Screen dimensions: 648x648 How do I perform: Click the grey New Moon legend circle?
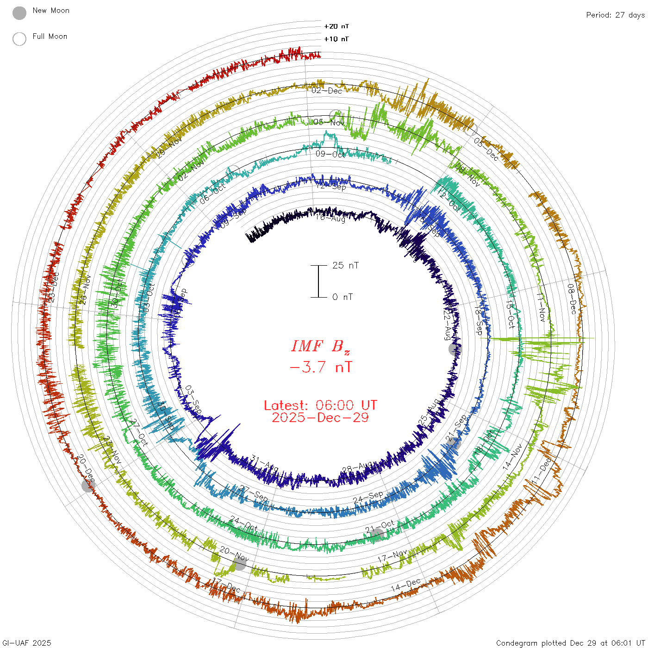point(19,13)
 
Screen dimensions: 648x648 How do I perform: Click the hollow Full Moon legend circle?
point(19,39)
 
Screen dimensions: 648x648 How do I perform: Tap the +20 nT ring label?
point(336,26)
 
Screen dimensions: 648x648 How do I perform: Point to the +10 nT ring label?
point(336,39)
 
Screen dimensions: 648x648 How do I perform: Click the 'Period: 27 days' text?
point(615,15)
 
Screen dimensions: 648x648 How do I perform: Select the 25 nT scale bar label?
point(345,265)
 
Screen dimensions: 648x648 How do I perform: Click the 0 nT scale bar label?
point(343,297)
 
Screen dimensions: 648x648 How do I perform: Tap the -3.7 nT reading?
point(320,368)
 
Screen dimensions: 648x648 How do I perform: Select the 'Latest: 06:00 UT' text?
point(320,405)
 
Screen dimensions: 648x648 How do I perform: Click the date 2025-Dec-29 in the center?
point(320,417)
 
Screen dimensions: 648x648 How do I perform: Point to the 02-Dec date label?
point(327,91)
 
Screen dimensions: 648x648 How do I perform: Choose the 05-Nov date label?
point(329,122)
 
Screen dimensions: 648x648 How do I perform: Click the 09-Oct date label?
point(330,154)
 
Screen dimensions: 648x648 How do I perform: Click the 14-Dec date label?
point(405,585)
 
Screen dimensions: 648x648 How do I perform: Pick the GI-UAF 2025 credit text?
point(26,643)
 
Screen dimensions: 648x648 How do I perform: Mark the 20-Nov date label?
point(234,554)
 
